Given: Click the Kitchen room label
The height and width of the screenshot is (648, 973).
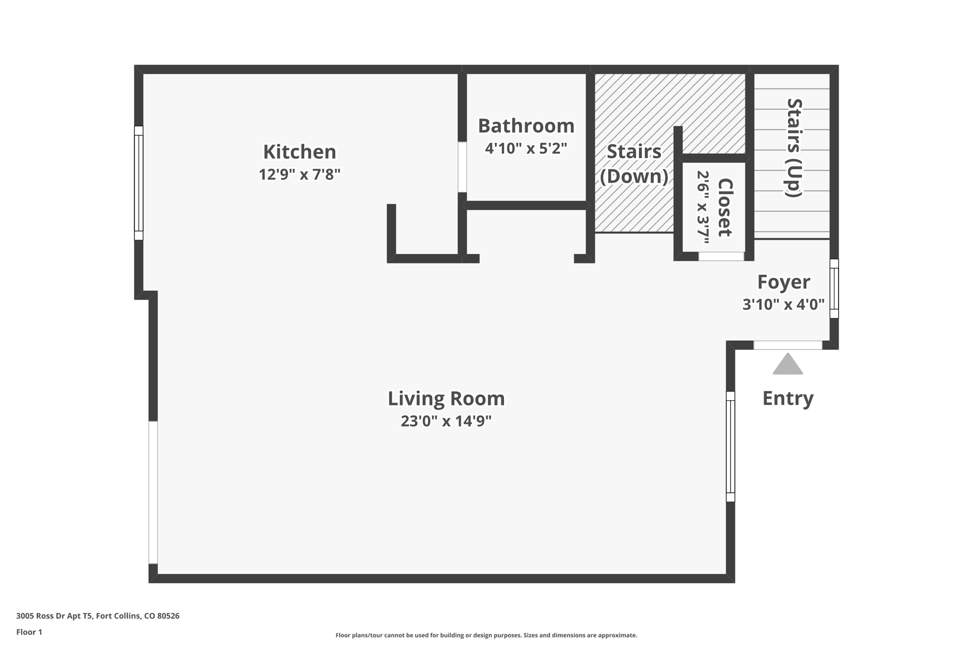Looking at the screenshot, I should (x=299, y=152).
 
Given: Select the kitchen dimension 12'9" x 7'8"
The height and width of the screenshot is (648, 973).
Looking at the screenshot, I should (x=299, y=175).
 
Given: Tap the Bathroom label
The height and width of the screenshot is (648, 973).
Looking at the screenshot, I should (x=526, y=126).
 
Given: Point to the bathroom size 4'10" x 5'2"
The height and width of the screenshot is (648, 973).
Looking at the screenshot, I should (x=526, y=149).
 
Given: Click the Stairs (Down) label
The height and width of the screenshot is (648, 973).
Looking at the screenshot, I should (x=634, y=164).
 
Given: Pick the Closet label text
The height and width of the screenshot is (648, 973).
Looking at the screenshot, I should (x=725, y=207).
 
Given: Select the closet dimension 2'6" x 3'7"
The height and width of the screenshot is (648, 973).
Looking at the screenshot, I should (x=702, y=207).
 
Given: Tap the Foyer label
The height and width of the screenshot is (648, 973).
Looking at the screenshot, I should (x=783, y=282).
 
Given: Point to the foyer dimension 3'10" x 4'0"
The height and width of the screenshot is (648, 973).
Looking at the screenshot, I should (x=783, y=304).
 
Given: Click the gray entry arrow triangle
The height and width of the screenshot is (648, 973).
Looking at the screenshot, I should (x=788, y=365).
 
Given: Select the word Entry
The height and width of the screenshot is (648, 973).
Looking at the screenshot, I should (x=788, y=398).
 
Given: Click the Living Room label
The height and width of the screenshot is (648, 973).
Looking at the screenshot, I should (x=446, y=398).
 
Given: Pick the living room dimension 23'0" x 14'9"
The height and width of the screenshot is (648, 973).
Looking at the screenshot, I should (x=446, y=421).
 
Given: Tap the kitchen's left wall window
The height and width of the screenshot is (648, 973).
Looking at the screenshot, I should (x=139, y=183).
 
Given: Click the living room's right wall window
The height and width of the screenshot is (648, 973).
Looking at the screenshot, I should (x=730, y=446).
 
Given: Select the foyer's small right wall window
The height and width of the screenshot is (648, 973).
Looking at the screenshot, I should (x=834, y=289).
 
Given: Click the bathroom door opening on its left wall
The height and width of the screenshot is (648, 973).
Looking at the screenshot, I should (x=462, y=167).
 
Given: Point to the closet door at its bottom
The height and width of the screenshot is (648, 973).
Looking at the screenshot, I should (x=721, y=256).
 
